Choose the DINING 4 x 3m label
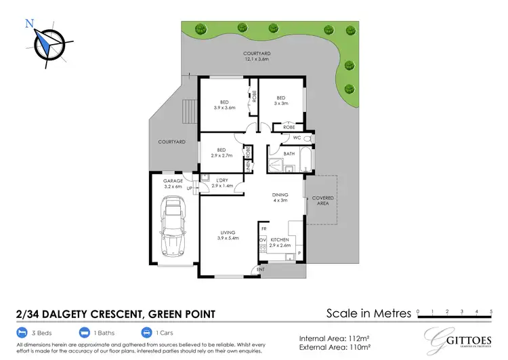[280, 196]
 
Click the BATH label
[289, 155]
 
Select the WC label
[296, 138]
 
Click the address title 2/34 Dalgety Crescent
[115, 314]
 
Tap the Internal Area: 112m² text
[333, 337]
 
